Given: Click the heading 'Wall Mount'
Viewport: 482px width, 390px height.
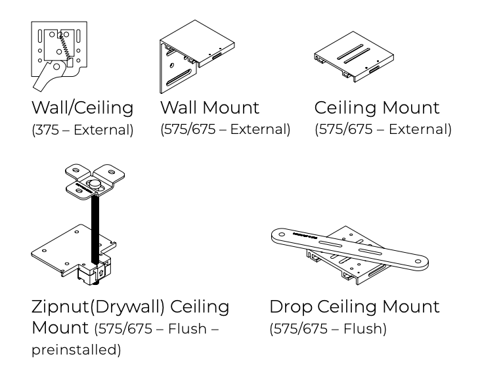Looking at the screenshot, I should tap(209, 107).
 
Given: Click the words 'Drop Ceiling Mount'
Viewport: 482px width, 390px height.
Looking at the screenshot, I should tap(355, 306).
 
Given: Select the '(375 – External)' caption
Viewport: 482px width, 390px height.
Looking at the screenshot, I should tap(82, 130).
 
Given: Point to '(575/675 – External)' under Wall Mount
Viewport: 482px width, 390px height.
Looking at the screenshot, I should tap(225, 129).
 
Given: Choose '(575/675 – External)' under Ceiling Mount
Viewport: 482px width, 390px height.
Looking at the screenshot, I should tap(383, 129).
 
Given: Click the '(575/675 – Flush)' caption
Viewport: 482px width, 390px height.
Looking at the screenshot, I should tap(328, 328).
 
